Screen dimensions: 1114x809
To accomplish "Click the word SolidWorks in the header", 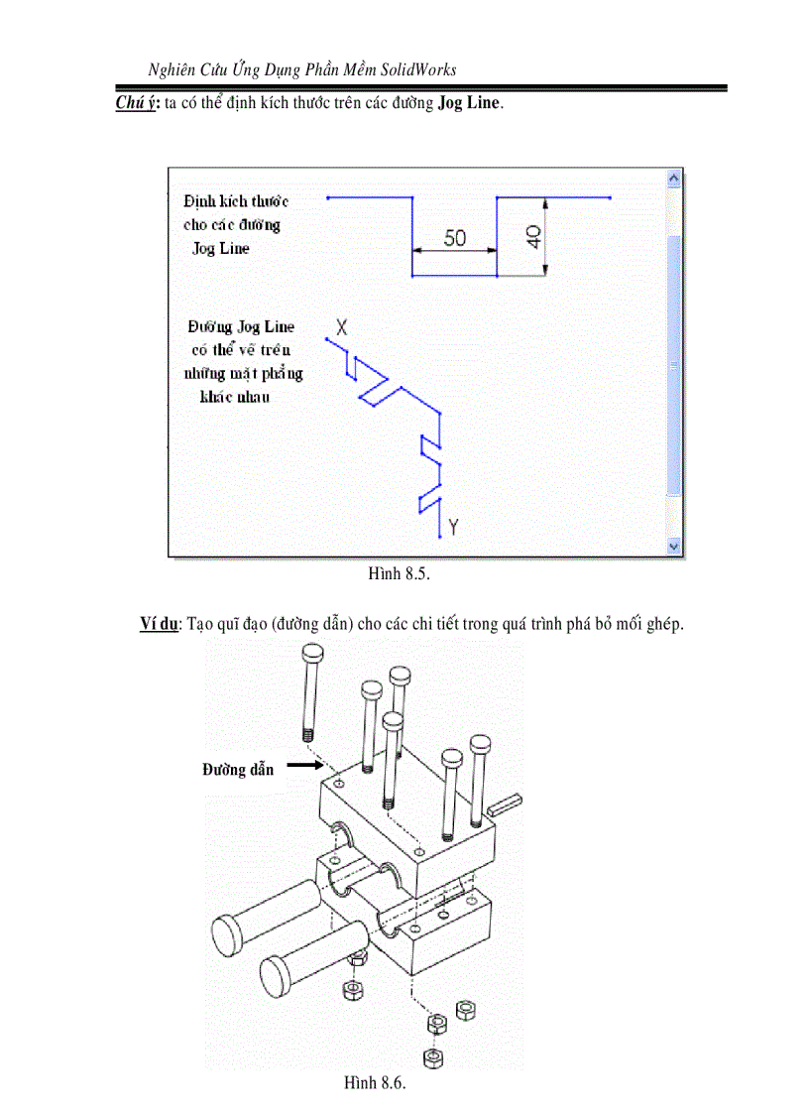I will pyautogui.click(x=412, y=69).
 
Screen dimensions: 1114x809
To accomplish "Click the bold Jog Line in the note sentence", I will pyautogui.click(x=468, y=103).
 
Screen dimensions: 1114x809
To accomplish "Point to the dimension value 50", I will pyautogui.click(x=454, y=238).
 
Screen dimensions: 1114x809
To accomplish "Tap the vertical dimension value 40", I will pyautogui.click(x=532, y=236).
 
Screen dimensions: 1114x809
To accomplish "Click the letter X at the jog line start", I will pyautogui.click(x=342, y=325).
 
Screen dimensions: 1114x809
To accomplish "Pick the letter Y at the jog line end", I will pyautogui.click(x=453, y=527).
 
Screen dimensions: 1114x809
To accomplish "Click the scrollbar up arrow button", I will pyautogui.click(x=674, y=179).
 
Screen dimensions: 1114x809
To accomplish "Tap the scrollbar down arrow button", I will pyautogui.click(x=674, y=546).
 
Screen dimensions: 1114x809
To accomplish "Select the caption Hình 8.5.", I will pyautogui.click(x=399, y=573).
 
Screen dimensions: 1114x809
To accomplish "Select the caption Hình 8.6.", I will pyautogui.click(x=376, y=1083).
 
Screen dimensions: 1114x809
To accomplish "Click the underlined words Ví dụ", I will pyautogui.click(x=159, y=624).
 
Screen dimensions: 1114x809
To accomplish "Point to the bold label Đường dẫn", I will pyautogui.click(x=238, y=769).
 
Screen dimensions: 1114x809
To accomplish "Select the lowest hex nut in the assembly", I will pyautogui.click(x=432, y=1057).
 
